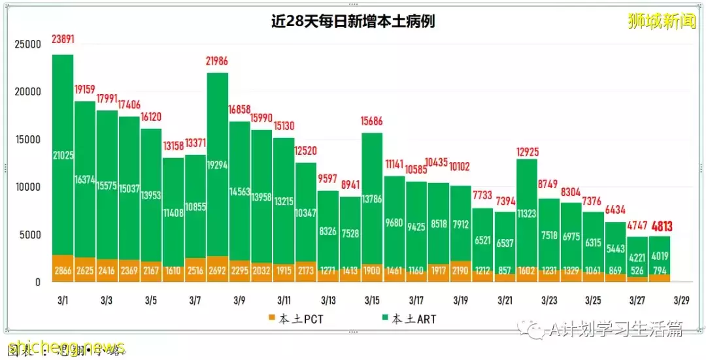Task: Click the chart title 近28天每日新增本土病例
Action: [353, 21]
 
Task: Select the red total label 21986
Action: [218, 60]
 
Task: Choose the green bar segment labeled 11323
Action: [527, 212]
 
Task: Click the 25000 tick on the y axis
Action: [28, 44]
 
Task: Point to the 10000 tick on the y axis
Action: [28, 187]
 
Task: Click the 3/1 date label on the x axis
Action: [63, 301]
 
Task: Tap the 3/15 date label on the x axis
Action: [372, 301]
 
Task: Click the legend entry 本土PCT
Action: [297, 319]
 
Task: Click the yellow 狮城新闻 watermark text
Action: [662, 21]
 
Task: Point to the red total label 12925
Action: [527, 153]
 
